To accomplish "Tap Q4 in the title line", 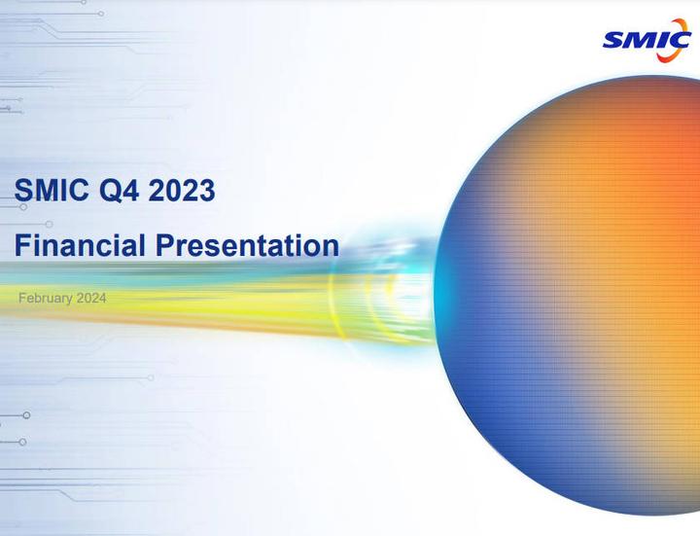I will click(121, 191).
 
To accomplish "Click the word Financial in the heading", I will click(79, 244).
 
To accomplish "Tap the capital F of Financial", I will click(22, 244).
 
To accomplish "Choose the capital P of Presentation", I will click(163, 244).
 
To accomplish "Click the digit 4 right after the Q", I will click(131, 191).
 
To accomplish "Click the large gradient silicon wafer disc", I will click(574, 302).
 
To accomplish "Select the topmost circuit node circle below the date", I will click(151, 376).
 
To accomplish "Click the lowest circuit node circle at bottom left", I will click(22, 442).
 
